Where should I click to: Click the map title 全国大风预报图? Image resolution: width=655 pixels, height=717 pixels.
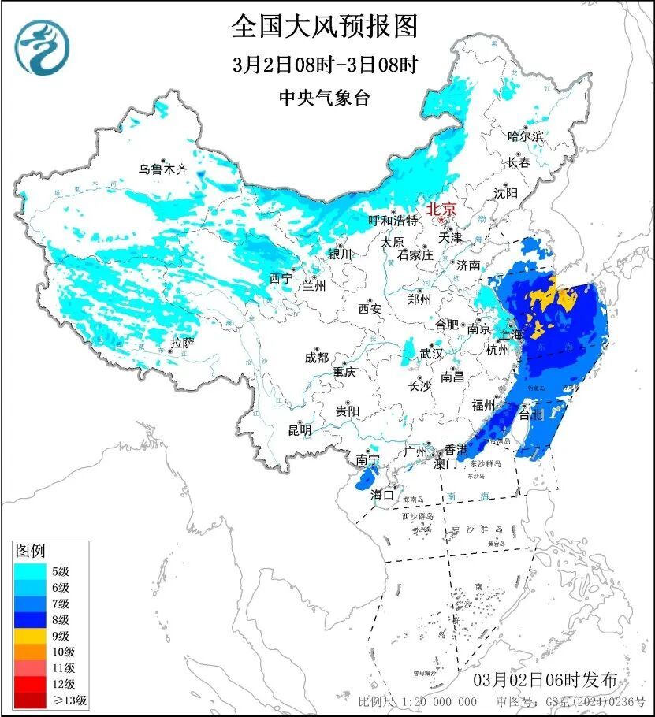324,27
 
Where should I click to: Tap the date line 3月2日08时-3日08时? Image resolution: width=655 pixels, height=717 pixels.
325,65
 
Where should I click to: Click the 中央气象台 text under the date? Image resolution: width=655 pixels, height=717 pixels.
324,98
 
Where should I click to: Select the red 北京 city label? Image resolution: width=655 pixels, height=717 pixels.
441,210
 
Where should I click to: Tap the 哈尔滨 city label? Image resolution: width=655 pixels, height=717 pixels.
526,136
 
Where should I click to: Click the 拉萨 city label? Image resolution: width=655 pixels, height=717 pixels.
182,343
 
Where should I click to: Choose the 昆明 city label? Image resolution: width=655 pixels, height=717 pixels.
300,430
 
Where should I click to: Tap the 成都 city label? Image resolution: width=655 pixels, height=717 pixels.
316,358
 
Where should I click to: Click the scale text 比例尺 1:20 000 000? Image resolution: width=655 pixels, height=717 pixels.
417,701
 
